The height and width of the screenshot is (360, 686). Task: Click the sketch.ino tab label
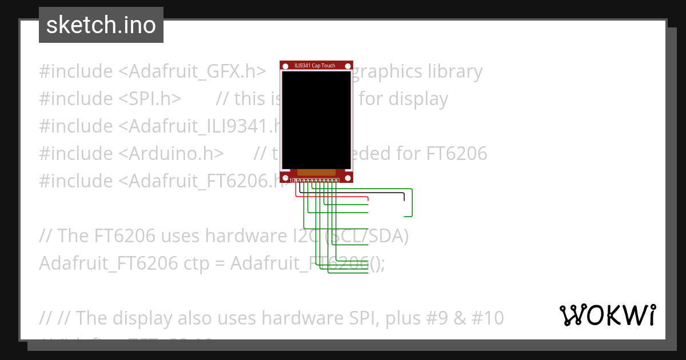[x=101, y=25]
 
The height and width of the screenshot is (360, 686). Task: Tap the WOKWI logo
[x=607, y=315]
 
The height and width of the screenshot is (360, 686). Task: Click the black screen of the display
[x=316, y=120]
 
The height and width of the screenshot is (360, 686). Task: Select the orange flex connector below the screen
[x=316, y=172]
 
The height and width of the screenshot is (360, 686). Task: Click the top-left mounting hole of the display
[x=285, y=66]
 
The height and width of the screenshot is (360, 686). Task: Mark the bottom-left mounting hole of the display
[x=285, y=177]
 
